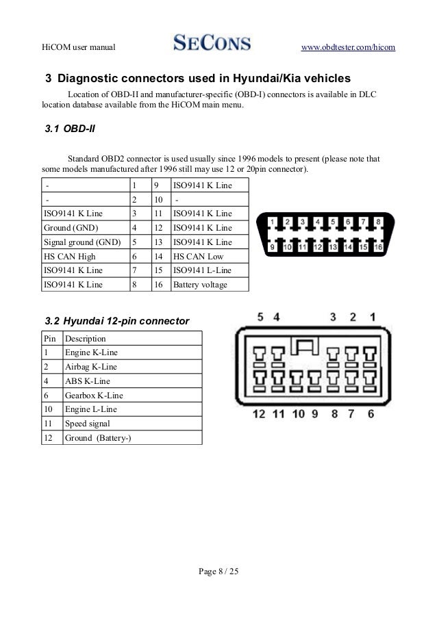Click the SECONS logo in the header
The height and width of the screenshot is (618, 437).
click(x=212, y=44)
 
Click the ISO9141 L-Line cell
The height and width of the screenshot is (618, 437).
click(x=203, y=270)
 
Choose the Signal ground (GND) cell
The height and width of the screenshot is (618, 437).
click(x=82, y=242)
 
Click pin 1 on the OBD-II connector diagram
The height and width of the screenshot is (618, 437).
click(x=272, y=222)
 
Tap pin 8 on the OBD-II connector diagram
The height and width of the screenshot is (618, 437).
click(x=379, y=222)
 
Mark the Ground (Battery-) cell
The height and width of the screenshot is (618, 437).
click(x=97, y=438)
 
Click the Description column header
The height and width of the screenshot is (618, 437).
click(x=85, y=338)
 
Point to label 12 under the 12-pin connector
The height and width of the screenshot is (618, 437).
click(x=259, y=413)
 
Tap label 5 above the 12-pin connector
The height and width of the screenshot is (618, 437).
click(x=261, y=318)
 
